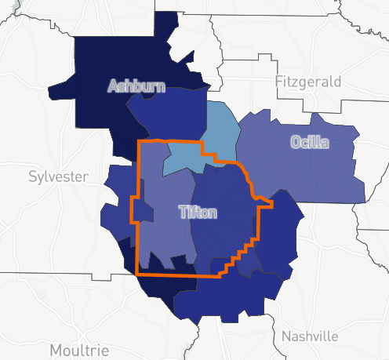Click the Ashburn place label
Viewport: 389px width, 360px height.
coord(137,85)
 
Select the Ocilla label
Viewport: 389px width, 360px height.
coord(309,143)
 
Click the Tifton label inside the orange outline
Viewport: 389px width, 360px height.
coord(198,212)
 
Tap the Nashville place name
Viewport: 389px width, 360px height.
coord(310,336)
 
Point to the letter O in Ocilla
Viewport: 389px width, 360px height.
coord(295,143)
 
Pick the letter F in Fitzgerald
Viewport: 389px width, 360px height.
coord(278,82)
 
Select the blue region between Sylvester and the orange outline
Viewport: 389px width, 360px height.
coord(118,196)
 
